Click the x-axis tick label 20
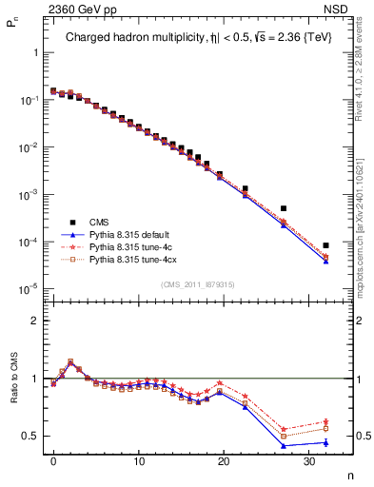223,462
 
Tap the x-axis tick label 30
308,462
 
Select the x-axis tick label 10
138,462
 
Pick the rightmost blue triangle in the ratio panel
325,442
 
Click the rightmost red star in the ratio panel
325,421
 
